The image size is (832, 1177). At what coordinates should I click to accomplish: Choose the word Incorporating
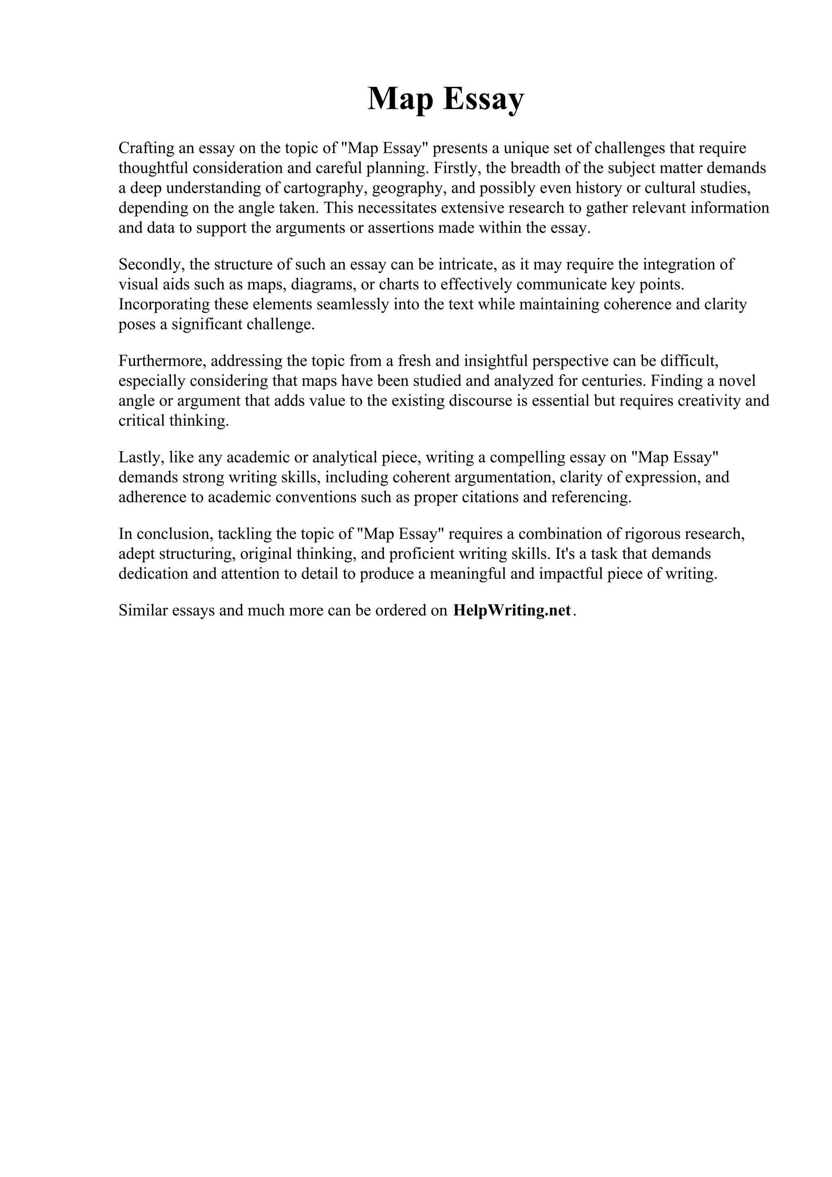coord(164,305)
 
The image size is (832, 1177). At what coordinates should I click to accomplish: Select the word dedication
coord(153,574)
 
